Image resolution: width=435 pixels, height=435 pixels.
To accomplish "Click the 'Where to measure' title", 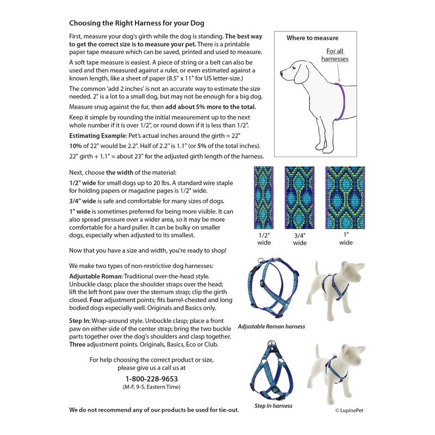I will (312, 39).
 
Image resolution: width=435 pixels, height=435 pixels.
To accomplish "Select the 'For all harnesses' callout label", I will (334, 54).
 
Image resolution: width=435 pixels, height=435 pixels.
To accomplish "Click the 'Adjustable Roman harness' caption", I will (271, 327).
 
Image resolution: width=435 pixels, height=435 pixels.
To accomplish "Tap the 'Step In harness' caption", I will (274, 406).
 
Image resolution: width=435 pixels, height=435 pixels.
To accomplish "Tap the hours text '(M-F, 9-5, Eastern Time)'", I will (152, 387).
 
